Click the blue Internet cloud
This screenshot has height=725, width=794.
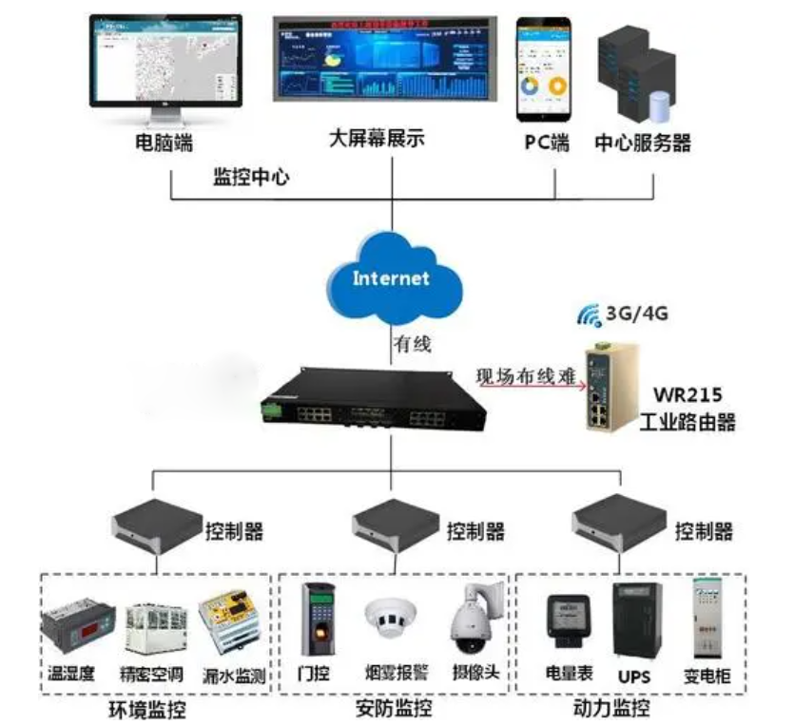[391, 277]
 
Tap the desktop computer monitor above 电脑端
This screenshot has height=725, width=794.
[165, 60]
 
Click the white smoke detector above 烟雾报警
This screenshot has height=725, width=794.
[390, 618]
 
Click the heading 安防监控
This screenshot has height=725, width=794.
[394, 709]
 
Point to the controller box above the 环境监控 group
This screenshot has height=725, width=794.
[156, 527]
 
